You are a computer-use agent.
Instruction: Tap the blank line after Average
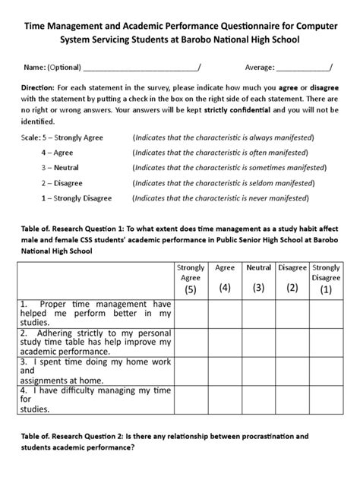tap(303, 68)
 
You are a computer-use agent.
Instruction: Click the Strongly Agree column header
tap(190, 273)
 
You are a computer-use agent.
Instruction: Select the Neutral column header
tap(259, 268)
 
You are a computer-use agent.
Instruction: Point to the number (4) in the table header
tap(225, 288)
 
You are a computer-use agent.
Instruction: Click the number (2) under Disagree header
tap(292, 288)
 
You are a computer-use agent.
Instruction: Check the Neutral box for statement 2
tap(259, 343)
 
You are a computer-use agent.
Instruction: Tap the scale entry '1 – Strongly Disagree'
tap(76, 198)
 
